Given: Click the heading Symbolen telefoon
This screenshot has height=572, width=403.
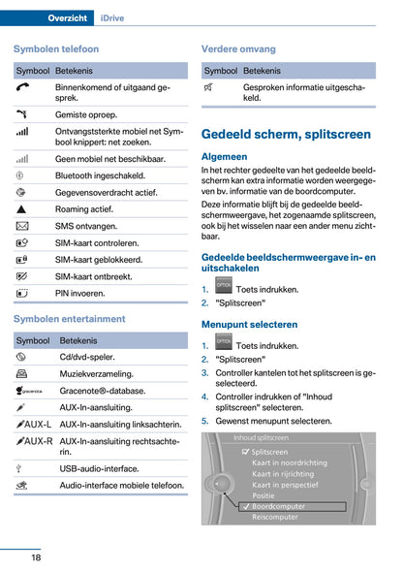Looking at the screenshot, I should pyautogui.click(x=56, y=48).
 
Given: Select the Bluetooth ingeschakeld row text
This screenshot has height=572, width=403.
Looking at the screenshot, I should pyautogui.click(x=105, y=175).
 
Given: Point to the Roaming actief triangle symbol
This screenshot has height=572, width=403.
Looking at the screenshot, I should pyautogui.click(x=23, y=209).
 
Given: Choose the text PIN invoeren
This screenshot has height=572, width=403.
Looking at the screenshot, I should pyautogui.click(x=80, y=292).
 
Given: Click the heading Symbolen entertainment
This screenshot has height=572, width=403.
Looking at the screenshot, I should pyautogui.click(x=70, y=319).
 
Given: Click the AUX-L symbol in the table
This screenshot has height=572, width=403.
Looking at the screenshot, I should pyautogui.click(x=34, y=425).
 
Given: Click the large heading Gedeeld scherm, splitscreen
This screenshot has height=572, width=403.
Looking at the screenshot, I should pyautogui.click(x=285, y=135).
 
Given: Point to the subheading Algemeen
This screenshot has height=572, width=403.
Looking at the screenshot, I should pyautogui.click(x=224, y=156).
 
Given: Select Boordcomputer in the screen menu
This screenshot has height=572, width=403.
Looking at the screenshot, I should pyautogui.click(x=280, y=506).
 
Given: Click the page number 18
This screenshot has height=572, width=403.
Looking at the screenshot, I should pyautogui.click(x=35, y=557).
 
